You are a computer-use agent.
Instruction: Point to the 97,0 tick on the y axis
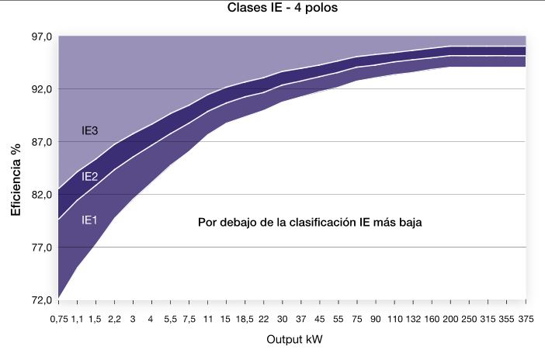pyautogui.click(x=40, y=36)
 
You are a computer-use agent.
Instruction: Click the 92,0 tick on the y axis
pyautogui.click(x=40, y=89)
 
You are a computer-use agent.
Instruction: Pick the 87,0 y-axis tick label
pyautogui.click(x=40, y=142)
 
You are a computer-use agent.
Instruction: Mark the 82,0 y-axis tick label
pyautogui.click(x=40, y=195)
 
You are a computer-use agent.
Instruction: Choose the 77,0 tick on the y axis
pyautogui.click(x=40, y=247)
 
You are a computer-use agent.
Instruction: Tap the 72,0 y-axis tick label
pyautogui.click(x=40, y=300)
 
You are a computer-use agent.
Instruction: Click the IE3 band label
pyautogui.click(x=89, y=131)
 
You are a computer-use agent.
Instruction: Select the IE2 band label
pyautogui.click(x=89, y=177)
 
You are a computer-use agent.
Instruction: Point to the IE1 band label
pyautogui.click(x=89, y=220)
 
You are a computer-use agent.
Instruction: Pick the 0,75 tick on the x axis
pyautogui.click(x=59, y=319)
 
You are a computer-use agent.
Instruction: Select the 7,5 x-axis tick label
pyautogui.click(x=189, y=319)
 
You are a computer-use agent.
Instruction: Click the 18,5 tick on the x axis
pyautogui.click(x=245, y=319)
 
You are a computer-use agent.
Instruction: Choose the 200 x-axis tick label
pyautogui.click(x=451, y=319)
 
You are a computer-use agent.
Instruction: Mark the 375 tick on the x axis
pyautogui.click(x=526, y=319)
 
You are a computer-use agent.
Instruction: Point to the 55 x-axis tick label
pyautogui.click(x=338, y=319)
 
